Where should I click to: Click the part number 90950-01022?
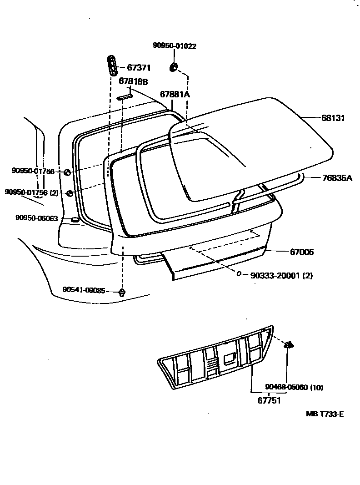(174, 45)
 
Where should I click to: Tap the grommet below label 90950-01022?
(173, 68)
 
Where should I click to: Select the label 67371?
(139, 68)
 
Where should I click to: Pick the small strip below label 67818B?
(124, 96)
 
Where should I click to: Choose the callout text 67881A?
(175, 94)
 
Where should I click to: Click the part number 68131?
(333, 118)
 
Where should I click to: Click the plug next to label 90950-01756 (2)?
(70, 193)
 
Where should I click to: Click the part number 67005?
(302, 252)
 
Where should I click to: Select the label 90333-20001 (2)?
(281, 275)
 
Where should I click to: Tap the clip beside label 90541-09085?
(122, 292)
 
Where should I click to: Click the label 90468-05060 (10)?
(294, 387)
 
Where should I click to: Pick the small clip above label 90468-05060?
(288, 345)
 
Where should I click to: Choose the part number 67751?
(269, 401)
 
